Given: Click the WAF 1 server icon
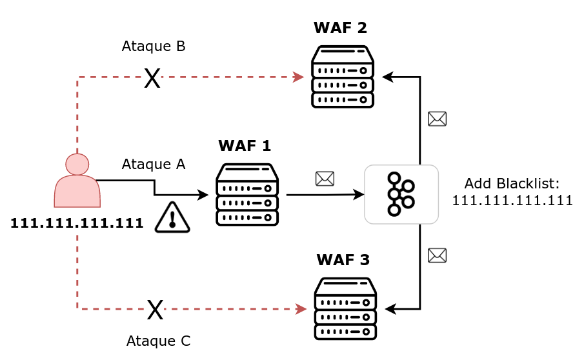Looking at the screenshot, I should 247,195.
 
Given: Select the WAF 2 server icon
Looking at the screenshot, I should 343,77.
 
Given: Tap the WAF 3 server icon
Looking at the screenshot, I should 345,309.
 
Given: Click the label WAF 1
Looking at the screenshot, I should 245,146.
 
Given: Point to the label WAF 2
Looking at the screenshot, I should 340,28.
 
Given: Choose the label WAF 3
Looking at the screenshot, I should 343,260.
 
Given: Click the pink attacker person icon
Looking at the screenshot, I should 77,181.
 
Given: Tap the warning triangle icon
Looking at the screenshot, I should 172,217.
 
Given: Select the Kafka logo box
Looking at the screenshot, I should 401,194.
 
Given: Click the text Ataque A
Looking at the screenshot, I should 153,164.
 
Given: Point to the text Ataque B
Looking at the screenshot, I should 154,46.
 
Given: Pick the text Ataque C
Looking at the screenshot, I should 158,341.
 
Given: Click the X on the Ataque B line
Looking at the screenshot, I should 152,79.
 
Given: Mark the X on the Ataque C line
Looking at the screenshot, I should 155,310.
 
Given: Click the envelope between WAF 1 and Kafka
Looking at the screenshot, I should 325,179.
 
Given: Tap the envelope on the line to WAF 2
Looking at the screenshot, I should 437,119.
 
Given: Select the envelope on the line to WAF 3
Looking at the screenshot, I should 437,255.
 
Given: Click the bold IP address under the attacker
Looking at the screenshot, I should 77,223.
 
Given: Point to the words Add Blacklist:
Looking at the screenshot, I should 512,183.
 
